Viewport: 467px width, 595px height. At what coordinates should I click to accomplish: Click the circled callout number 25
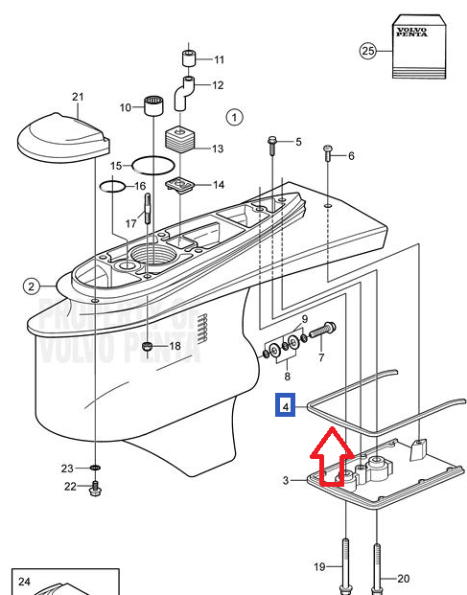368,51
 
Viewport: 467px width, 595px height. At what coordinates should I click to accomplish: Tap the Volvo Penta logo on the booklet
412,33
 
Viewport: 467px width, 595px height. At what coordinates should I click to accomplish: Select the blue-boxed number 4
286,405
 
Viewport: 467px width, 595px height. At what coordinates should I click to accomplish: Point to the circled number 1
234,118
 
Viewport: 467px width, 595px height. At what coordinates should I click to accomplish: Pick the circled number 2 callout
31,286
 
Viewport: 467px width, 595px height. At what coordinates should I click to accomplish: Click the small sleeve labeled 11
188,57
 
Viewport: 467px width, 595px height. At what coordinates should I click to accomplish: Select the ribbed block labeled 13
179,140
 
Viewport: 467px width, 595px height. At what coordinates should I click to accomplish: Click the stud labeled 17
148,208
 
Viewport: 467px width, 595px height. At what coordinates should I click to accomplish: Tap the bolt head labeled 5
272,146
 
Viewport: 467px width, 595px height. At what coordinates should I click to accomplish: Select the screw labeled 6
328,152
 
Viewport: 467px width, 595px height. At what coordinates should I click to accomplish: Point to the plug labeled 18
148,346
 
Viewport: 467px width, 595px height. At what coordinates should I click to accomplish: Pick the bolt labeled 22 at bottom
95,489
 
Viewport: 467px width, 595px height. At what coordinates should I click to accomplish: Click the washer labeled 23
96,468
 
